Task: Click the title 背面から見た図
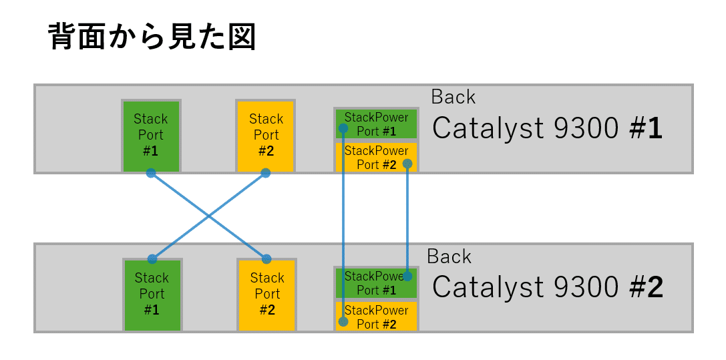[152, 37]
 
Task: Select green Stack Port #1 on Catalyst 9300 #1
[151, 136]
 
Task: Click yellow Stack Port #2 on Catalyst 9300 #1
[266, 136]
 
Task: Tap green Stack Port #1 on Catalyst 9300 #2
[152, 295]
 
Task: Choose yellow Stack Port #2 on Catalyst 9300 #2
[267, 295]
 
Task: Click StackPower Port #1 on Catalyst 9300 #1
[377, 124]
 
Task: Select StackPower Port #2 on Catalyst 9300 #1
[377, 158]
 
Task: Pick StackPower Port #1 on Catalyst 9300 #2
[377, 283]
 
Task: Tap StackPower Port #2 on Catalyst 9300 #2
[377, 317]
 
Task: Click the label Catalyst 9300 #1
[547, 128]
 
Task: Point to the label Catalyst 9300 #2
[547, 287]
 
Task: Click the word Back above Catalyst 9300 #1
[453, 97]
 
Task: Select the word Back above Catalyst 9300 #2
[449, 256]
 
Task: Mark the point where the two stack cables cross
[209, 216]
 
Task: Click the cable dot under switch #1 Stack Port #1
[151, 173]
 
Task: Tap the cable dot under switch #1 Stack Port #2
[266, 173]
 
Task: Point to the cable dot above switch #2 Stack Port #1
[152, 259]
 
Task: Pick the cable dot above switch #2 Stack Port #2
[266, 259]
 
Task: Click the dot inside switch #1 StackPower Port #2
[407, 163]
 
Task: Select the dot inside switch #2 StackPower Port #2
[343, 322]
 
